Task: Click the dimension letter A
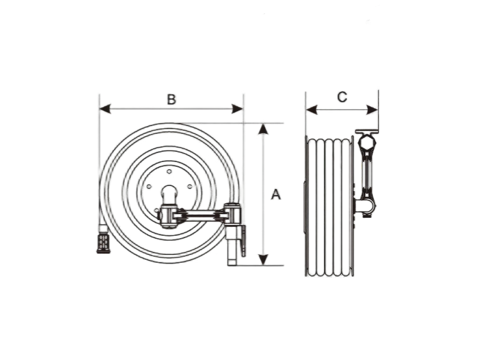pyautogui.click(x=276, y=194)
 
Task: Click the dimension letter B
pyautogui.click(x=172, y=100)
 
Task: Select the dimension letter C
pyautogui.click(x=342, y=97)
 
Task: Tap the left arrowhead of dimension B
pyautogui.click(x=105, y=109)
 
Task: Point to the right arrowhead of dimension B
pyautogui.click(x=238, y=109)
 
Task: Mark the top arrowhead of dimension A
pyautogui.click(x=263, y=129)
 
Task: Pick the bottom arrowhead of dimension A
pyautogui.click(x=263, y=260)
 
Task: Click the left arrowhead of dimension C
pyautogui.click(x=311, y=110)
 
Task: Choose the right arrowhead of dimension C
pyautogui.click(x=372, y=110)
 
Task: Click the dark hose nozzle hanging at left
pyautogui.click(x=103, y=244)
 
